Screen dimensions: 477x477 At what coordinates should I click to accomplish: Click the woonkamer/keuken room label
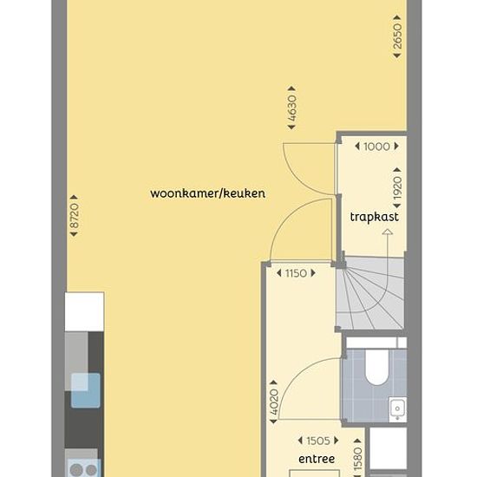click(x=208, y=193)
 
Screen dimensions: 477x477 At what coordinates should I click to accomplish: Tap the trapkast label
click(x=374, y=217)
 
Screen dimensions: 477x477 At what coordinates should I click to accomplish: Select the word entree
click(x=317, y=459)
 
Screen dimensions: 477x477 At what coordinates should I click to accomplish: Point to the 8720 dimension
click(x=75, y=216)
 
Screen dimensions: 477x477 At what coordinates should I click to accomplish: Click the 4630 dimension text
click(x=291, y=108)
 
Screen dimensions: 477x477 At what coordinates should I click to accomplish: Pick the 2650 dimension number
click(x=397, y=36)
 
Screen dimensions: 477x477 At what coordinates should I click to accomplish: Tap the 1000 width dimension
click(x=376, y=147)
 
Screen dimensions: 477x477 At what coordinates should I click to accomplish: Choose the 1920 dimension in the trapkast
click(x=397, y=188)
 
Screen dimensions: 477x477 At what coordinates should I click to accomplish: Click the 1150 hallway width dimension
click(x=296, y=273)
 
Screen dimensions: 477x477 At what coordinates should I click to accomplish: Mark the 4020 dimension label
click(x=274, y=402)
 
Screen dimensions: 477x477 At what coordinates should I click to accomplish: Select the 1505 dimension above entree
click(x=318, y=441)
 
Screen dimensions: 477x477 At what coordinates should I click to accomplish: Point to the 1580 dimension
click(x=358, y=459)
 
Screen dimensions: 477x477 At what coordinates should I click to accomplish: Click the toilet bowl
click(x=376, y=367)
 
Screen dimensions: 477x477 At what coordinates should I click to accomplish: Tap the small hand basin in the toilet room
click(x=397, y=409)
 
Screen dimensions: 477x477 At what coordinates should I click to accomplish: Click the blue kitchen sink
click(x=86, y=390)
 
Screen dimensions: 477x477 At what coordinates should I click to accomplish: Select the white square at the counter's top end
click(x=85, y=312)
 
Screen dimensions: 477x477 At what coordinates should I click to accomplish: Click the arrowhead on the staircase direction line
click(x=388, y=232)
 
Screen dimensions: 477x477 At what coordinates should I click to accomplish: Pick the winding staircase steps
click(x=370, y=293)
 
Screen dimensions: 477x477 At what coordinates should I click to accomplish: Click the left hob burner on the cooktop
click(x=76, y=470)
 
